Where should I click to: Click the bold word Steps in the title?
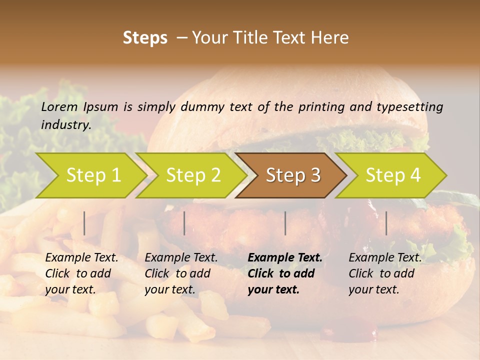(145, 38)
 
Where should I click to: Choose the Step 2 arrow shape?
(193, 175)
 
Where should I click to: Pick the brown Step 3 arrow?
(293, 175)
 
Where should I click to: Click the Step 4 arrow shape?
(393, 175)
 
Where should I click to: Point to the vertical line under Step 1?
(84, 223)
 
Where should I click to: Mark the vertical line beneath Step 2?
(184, 223)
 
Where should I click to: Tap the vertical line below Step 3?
(285, 223)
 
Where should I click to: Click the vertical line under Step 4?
(386, 223)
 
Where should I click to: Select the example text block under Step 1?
(81, 273)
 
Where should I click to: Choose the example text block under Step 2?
(180, 273)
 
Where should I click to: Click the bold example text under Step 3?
(284, 273)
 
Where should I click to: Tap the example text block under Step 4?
(384, 273)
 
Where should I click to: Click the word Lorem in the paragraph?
(59, 107)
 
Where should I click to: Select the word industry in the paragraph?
(66, 125)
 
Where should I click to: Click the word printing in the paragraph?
(320, 107)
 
